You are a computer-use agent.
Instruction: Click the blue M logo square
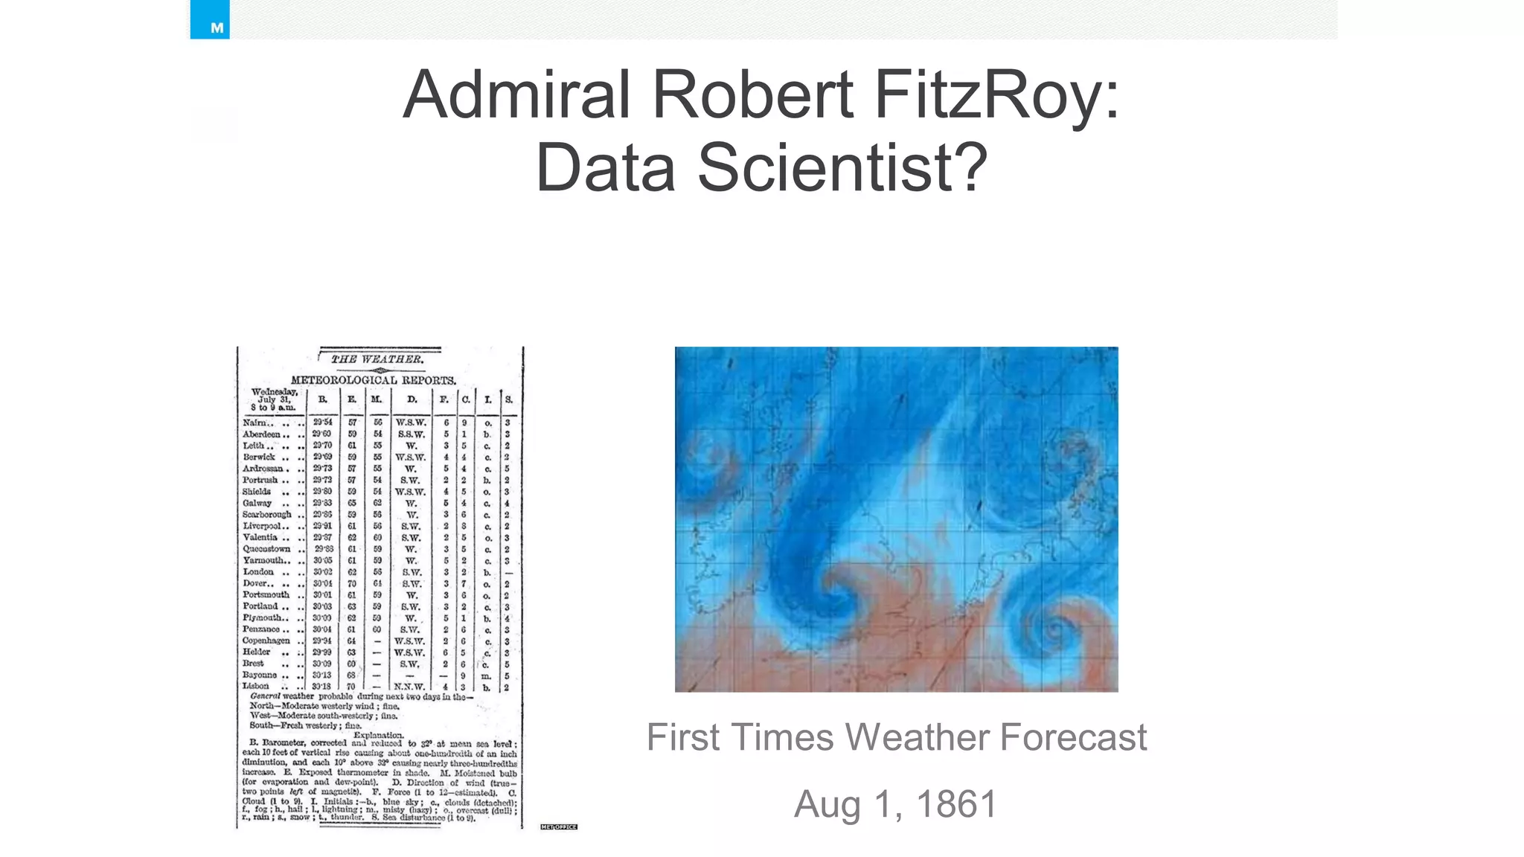coord(210,20)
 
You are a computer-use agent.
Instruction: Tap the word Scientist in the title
coord(842,167)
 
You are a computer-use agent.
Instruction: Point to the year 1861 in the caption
coord(956,804)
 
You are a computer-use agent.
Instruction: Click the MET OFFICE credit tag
coord(559,826)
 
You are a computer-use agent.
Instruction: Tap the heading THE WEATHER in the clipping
coord(377,359)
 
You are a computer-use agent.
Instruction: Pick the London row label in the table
coord(258,572)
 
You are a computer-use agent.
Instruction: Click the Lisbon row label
coord(256,686)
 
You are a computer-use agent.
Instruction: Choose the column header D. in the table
coord(412,399)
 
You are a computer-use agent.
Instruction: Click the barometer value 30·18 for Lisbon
coord(322,686)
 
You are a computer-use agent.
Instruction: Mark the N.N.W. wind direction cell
coord(409,687)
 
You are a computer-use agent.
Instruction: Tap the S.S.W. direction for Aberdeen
coord(411,434)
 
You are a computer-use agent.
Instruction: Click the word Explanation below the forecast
coord(378,735)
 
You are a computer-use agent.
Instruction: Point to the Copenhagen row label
coord(266,641)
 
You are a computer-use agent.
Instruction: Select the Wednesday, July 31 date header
coord(274,399)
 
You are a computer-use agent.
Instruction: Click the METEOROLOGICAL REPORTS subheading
coord(374,380)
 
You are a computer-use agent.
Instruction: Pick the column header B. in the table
coord(322,399)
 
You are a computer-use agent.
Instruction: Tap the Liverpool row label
coord(265,526)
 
